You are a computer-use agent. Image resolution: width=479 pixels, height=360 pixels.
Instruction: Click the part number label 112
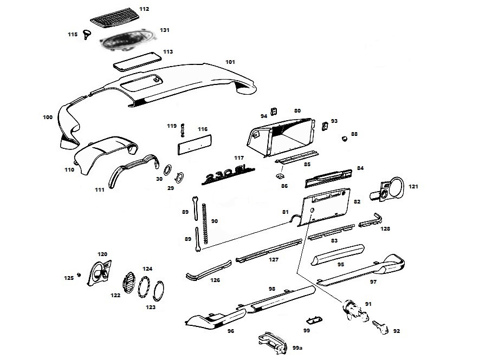[x=144, y=9]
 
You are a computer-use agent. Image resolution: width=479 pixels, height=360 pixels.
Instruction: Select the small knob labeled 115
[x=87, y=34]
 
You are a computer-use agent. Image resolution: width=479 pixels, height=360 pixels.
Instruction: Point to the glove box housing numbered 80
[x=282, y=136]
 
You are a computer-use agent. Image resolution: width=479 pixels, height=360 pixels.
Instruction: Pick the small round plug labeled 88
[x=344, y=139]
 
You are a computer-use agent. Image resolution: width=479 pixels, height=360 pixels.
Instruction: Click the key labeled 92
[x=380, y=328]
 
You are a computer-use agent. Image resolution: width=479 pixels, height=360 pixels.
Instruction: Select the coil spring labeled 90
[x=205, y=224]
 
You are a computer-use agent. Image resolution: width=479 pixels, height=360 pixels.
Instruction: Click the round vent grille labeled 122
[x=128, y=282]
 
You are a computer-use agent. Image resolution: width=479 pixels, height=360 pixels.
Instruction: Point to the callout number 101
[x=230, y=62]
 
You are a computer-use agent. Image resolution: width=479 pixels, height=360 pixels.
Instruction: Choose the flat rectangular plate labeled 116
[x=194, y=145]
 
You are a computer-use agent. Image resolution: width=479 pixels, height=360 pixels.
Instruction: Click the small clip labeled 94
[x=274, y=112]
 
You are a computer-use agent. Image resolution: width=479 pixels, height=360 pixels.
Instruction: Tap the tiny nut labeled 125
[x=79, y=274]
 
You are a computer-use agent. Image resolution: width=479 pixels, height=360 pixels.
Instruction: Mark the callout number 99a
[x=297, y=348]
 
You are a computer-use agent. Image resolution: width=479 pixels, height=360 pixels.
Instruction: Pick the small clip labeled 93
[x=325, y=126]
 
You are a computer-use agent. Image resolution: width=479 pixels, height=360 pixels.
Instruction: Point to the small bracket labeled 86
[x=280, y=176]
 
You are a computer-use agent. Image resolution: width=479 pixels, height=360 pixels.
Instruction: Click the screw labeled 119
[x=183, y=130]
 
